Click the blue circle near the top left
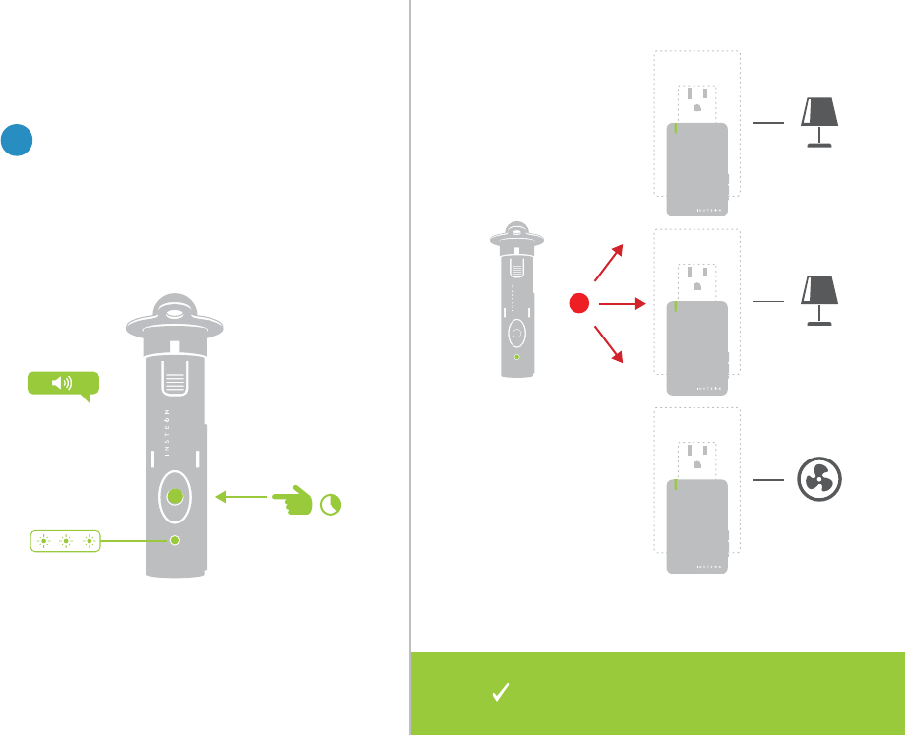18,140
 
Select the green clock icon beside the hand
333,505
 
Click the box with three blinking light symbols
65,540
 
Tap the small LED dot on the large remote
175,540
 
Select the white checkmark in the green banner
499,693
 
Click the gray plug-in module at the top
697,167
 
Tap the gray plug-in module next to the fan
697,524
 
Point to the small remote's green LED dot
517,357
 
